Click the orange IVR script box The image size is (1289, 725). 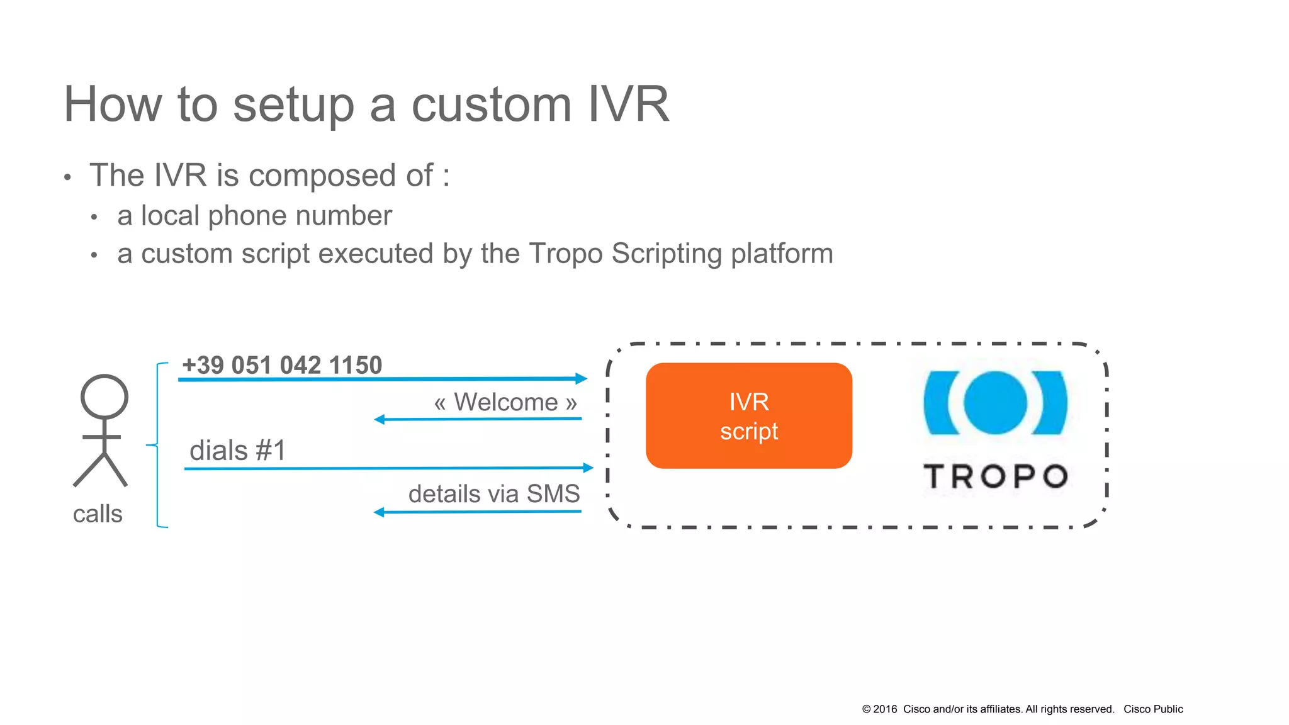tap(748, 415)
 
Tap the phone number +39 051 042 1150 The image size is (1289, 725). tap(282, 365)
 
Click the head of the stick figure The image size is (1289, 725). tap(104, 396)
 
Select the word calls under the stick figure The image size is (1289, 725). tap(98, 514)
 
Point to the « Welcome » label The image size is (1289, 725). tap(505, 402)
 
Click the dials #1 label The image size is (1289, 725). tap(237, 451)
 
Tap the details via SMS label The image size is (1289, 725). tap(494, 494)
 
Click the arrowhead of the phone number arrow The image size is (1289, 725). tap(582, 378)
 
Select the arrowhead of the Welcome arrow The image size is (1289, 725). tap(380, 419)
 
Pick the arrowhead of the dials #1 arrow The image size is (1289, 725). tap(588, 468)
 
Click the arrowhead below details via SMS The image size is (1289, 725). tap(379, 512)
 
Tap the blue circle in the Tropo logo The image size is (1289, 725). tap(995, 403)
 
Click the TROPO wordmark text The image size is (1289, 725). tap(995, 476)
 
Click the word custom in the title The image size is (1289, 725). tap(492, 104)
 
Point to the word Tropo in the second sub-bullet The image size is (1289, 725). tap(566, 254)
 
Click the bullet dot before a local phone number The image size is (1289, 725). tap(94, 218)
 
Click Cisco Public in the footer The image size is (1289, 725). tap(1153, 709)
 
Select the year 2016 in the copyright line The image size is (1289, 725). tap(885, 709)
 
